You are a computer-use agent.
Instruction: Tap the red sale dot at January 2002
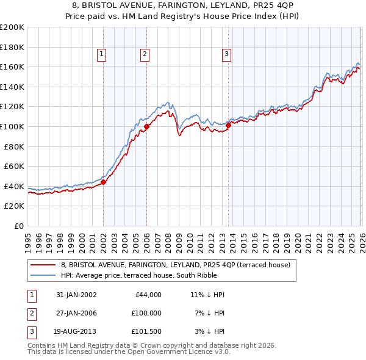tap(104, 181)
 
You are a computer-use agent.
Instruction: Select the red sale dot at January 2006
tap(146, 127)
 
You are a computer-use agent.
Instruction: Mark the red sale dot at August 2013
tap(228, 125)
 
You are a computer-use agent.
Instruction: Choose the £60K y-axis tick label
tap(14, 166)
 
